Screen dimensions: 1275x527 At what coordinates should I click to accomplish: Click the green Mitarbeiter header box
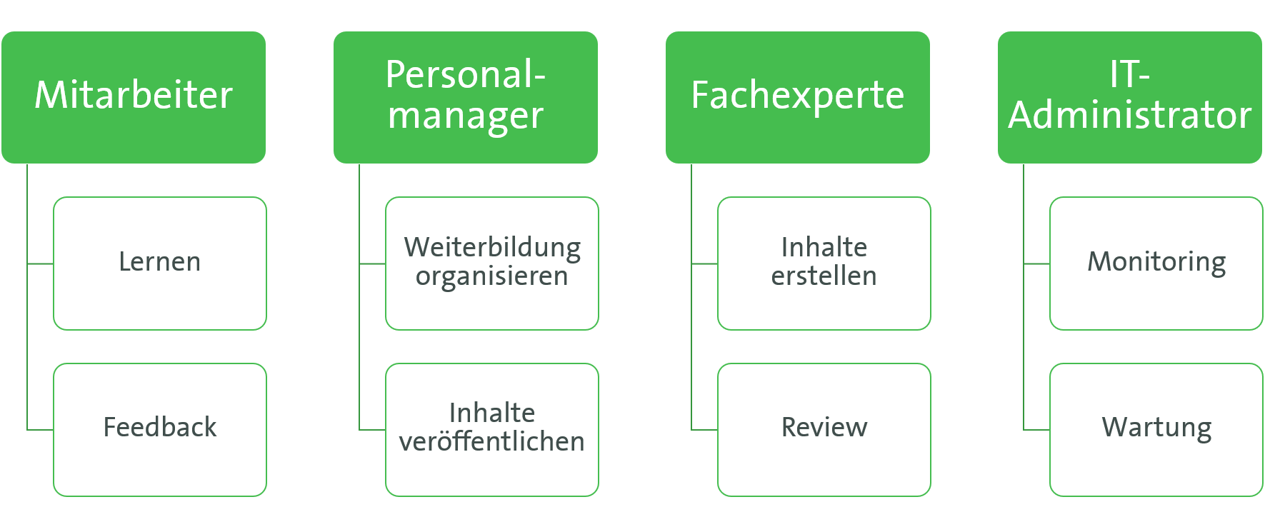(x=134, y=97)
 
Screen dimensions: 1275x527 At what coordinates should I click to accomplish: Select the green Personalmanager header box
(x=466, y=97)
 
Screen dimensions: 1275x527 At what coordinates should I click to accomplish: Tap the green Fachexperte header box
(x=798, y=97)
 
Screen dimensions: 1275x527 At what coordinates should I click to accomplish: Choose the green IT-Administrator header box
(x=1130, y=97)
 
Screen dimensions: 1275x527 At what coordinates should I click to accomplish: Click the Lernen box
(x=160, y=263)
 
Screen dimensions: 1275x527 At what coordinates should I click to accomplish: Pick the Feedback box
(x=160, y=430)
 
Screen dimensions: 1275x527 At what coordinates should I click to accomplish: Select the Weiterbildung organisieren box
(x=492, y=263)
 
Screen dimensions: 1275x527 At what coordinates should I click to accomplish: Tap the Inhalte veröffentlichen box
(x=492, y=430)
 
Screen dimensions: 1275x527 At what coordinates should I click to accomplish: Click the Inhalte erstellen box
(x=824, y=263)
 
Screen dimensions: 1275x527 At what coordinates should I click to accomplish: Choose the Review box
(x=824, y=430)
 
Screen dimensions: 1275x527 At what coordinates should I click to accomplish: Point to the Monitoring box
(x=1156, y=263)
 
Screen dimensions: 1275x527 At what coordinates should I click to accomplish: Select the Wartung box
(x=1156, y=430)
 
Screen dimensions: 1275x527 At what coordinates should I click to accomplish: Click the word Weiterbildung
(x=492, y=249)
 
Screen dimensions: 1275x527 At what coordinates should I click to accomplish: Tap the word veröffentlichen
(x=492, y=441)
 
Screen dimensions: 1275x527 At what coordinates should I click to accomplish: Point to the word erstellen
(x=824, y=276)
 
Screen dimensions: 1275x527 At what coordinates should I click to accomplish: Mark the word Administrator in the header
(x=1130, y=115)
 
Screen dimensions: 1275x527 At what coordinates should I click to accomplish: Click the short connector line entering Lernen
(x=40, y=263)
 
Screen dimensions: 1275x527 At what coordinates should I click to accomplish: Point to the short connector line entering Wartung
(x=1036, y=430)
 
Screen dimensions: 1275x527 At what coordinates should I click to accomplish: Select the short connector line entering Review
(x=704, y=430)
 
